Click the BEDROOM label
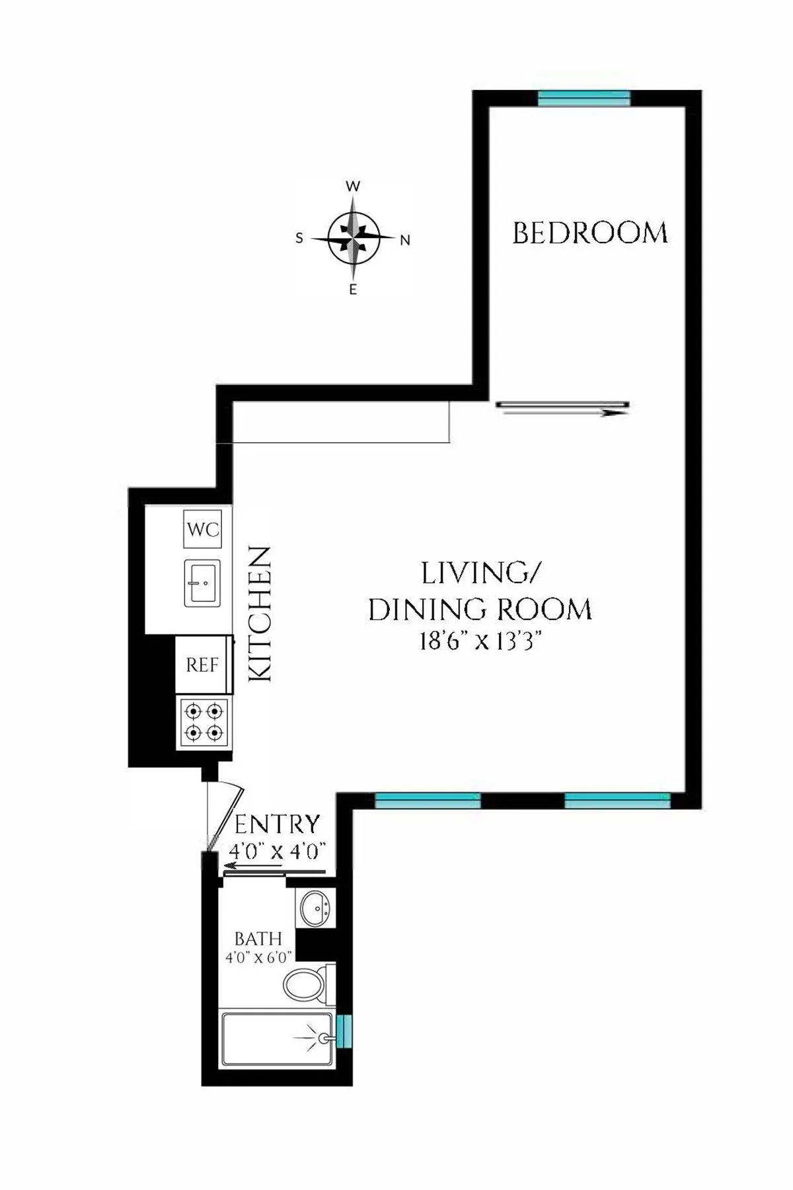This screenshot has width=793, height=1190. pos(589,233)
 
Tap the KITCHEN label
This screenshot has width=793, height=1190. pos(259,614)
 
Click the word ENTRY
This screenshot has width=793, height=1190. pos(277,825)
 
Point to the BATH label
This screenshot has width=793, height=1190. pos(258,939)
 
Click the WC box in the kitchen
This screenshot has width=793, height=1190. pos(202,529)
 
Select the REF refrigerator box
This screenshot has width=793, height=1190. pos(202,664)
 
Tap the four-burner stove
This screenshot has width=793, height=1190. pos(204,722)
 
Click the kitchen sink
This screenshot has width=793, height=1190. pos(202,583)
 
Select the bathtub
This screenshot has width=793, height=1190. pos(278,1039)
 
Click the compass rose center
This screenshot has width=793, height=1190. pos(354,237)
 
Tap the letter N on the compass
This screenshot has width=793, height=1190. pos(405,241)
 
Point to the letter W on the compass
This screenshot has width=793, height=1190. pos(354,186)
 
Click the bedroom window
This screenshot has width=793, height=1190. pos(584,98)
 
